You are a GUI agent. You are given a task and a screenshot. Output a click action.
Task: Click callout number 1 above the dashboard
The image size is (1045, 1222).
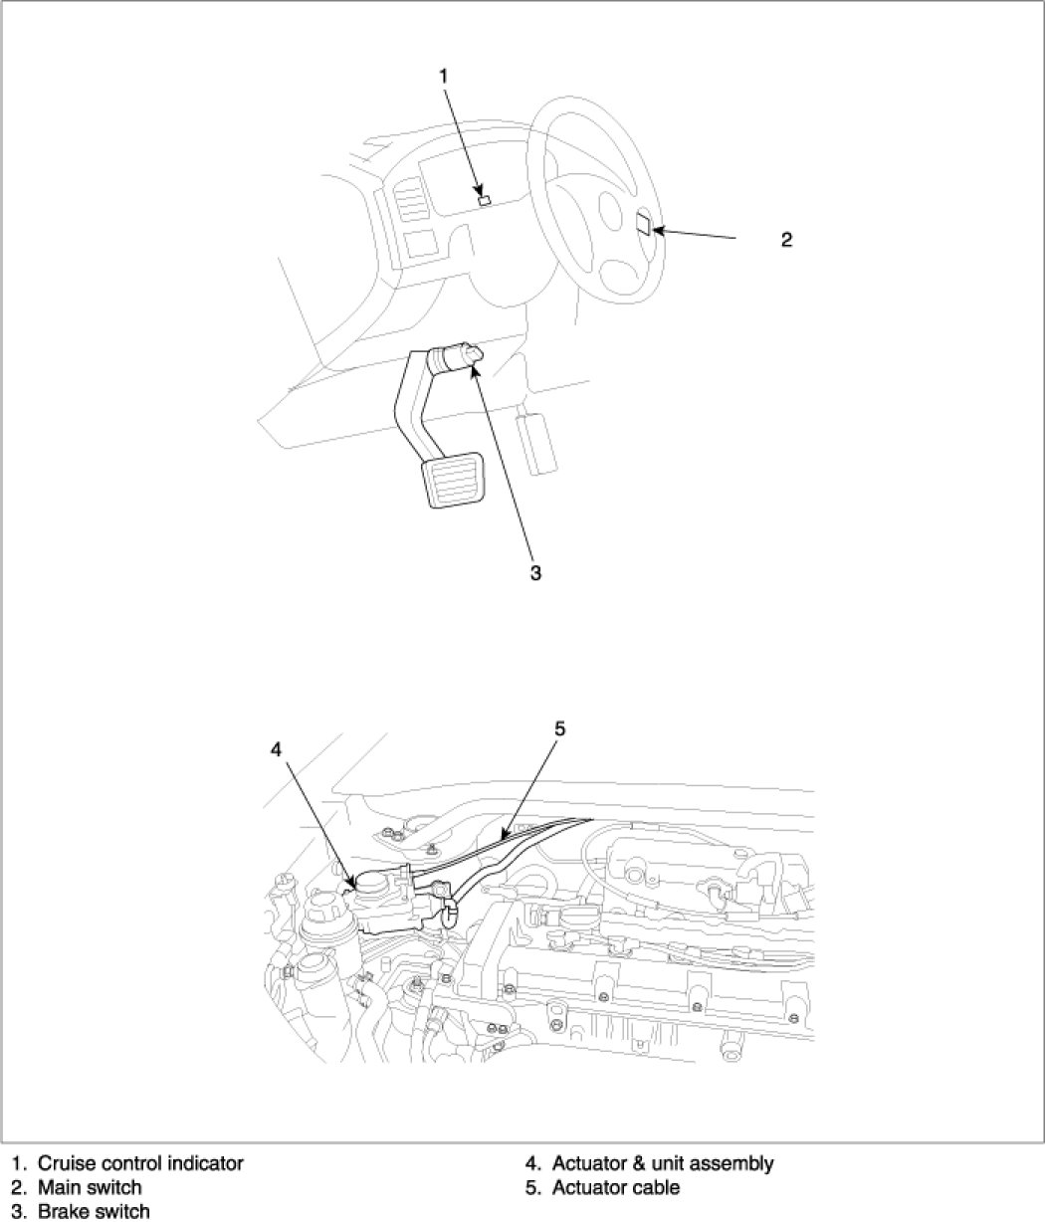click(x=444, y=76)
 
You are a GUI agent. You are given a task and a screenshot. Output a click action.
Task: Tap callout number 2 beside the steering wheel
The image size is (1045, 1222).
click(x=786, y=240)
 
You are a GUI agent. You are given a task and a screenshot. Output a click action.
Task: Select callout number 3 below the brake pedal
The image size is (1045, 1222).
click(x=534, y=573)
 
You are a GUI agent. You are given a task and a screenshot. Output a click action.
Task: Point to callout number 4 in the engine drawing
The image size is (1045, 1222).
click(x=276, y=749)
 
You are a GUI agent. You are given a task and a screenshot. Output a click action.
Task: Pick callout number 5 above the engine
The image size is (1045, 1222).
click(x=559, y=729)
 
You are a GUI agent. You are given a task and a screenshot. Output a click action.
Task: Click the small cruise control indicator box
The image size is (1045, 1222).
click(x=485, y=198)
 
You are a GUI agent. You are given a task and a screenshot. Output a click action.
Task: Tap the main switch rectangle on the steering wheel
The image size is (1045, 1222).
click(x=644, y=224)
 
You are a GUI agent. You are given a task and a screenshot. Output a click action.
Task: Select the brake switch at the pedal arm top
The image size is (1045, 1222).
click(x=458, y=356)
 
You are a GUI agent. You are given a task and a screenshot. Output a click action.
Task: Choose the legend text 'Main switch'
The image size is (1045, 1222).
click(x=90, y=1187)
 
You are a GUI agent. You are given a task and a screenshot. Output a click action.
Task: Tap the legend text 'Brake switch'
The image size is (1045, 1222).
click(x=94, y=1211)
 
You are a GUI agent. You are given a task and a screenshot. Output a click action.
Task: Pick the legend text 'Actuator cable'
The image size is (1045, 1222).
click(x=616, y=1187)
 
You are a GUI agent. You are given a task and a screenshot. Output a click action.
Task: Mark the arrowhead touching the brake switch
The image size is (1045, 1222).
click(x=474, y=369)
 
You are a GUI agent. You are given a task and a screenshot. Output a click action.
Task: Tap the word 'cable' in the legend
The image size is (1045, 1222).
click(x=657, y=1187)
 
